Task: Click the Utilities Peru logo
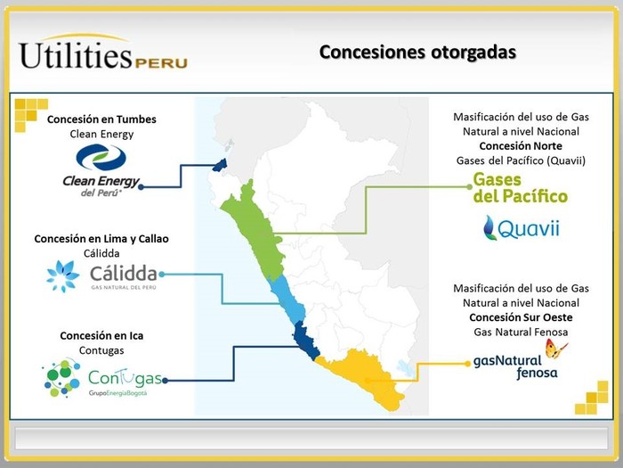coord(103,52)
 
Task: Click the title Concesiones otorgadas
coord(417,52)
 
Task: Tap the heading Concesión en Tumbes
coord(101,119)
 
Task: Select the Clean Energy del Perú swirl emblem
coord(101,157)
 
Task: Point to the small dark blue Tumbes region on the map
coord(220,165)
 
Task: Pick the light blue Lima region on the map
coord(287,300)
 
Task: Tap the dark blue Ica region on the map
coord(305,341)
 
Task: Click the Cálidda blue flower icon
coord(62,276)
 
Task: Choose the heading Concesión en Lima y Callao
coord(101,239)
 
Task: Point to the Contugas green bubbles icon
coord(62,378)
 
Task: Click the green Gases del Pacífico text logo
coord(520,188)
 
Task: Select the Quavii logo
coord(521,228)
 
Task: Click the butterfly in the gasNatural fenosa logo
coord(555,349)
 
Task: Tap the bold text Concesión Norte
coord(521,146)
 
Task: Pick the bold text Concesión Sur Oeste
coord(521,317)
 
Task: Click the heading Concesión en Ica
coord(101,336)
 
